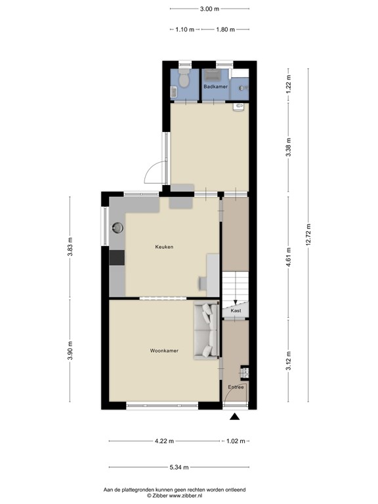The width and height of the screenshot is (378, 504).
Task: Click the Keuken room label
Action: [164, 247]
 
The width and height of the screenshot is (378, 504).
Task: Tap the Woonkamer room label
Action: [164, 351]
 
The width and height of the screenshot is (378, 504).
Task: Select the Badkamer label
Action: [215, 87]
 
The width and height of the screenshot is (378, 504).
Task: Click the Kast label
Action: [236, 310]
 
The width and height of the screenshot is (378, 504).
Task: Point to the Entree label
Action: [236, 387]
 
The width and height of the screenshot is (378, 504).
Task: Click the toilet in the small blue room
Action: [184, 81]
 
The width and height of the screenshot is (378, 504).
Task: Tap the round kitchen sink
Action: [118, 228]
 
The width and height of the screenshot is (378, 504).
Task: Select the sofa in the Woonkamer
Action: [207, 331]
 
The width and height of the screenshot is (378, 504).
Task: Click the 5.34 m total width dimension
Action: [177, 467]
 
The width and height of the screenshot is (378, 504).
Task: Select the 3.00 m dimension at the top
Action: [209, 9]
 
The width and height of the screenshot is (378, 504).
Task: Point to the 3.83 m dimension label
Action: [71, 250]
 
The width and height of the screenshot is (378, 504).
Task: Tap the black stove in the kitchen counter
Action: [117, 257]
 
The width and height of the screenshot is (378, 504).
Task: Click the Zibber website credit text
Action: [175, 496]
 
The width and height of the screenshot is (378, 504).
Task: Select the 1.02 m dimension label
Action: [236, 441]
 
